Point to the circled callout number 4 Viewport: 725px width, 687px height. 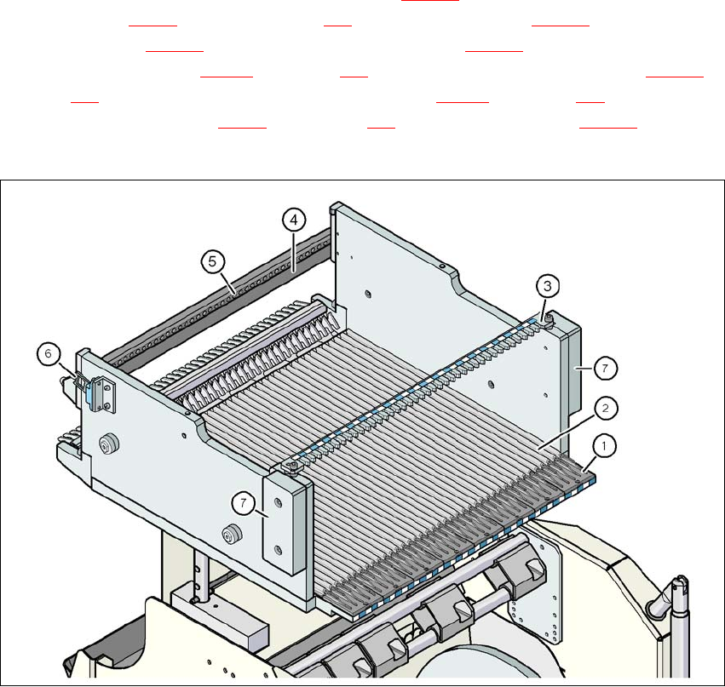292,220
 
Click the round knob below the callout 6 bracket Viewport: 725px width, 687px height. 108,446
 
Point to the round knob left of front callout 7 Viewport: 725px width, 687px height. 227,534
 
